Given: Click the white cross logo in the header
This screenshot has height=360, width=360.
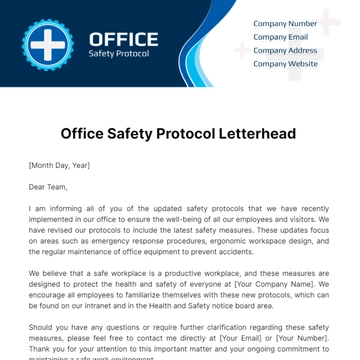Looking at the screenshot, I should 44,43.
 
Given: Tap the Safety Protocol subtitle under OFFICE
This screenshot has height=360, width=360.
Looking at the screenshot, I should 119,54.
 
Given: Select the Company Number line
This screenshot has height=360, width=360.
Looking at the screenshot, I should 285,22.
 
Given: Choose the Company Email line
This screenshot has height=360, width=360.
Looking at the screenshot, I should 281,36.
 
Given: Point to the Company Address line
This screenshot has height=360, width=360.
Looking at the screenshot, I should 285,49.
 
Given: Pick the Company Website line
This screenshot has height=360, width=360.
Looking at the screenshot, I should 285,63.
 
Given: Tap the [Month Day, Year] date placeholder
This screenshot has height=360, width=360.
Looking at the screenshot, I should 59,164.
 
